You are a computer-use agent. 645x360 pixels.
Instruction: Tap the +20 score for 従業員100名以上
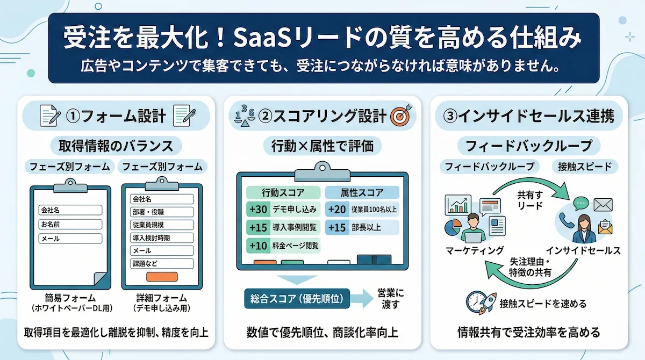(x=337, y=209)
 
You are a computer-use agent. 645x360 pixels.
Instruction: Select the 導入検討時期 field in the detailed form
(x=162, y=238)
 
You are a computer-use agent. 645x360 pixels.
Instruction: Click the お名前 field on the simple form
(x=70, y=224)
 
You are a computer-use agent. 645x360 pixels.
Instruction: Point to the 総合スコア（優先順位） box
(x=297, y=297)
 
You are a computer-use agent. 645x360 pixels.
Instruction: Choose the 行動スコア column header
(x=283, y=192)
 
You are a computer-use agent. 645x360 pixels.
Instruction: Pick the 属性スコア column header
(x=362, y=192)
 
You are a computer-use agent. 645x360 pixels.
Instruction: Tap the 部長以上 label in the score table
(x=368, y=227)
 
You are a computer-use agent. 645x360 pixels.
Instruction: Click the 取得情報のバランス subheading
(x=116, y=146)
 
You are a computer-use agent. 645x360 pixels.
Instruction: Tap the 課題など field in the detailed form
(x=162, y=264)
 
